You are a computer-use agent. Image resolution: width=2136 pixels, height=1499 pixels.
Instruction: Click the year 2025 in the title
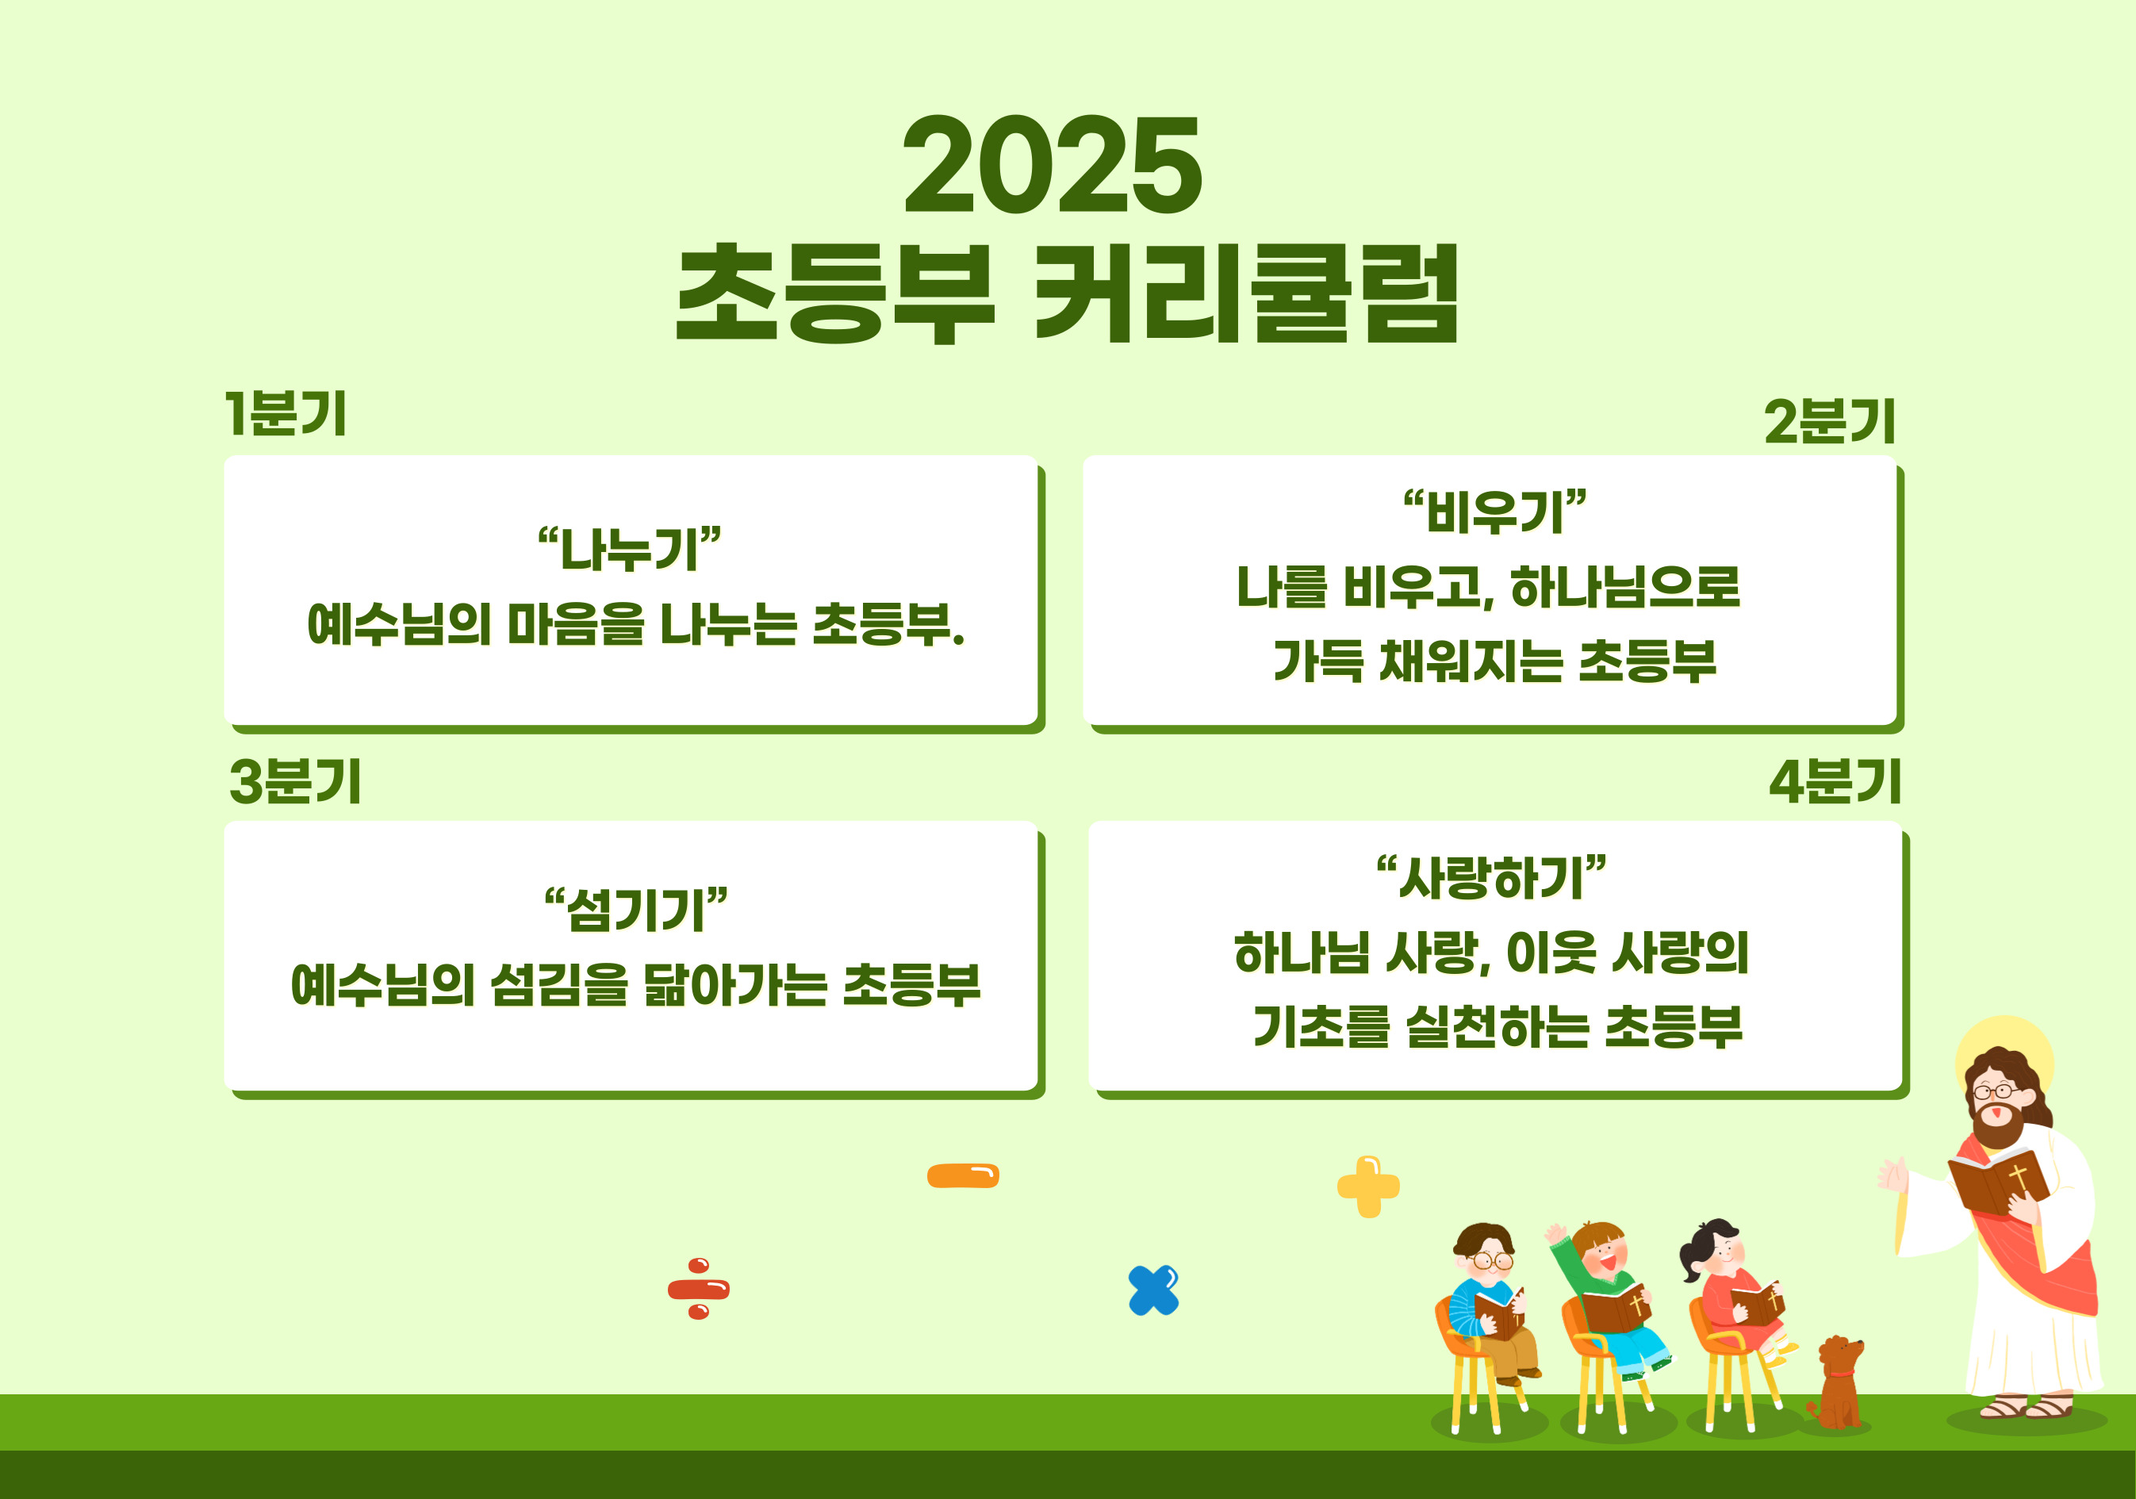1053,165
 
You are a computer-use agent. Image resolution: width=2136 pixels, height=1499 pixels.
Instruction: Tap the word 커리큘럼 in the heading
1247,293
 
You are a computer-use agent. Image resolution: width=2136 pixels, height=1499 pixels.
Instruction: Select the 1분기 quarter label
286,413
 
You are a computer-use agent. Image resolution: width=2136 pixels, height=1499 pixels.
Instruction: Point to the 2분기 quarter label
1829,421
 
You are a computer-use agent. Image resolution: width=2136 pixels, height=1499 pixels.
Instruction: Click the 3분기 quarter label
295,780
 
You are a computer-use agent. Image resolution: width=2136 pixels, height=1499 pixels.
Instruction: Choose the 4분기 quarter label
1835,780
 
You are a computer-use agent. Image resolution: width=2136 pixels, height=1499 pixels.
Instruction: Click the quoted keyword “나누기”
630,549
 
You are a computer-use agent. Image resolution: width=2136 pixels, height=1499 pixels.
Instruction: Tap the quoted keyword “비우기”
1494,512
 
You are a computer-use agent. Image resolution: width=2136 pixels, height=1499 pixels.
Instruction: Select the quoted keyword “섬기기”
635,909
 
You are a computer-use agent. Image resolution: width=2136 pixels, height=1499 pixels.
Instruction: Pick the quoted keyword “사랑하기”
1491,877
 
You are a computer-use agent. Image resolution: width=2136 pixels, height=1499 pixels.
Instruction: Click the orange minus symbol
963,1176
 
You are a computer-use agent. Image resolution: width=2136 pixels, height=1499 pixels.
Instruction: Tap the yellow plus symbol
1368,1187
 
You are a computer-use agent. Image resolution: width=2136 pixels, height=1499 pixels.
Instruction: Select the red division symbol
699,1289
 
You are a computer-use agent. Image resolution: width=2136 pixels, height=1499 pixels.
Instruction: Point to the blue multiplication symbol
1153,1290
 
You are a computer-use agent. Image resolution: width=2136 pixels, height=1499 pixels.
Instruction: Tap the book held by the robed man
1997,1181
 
